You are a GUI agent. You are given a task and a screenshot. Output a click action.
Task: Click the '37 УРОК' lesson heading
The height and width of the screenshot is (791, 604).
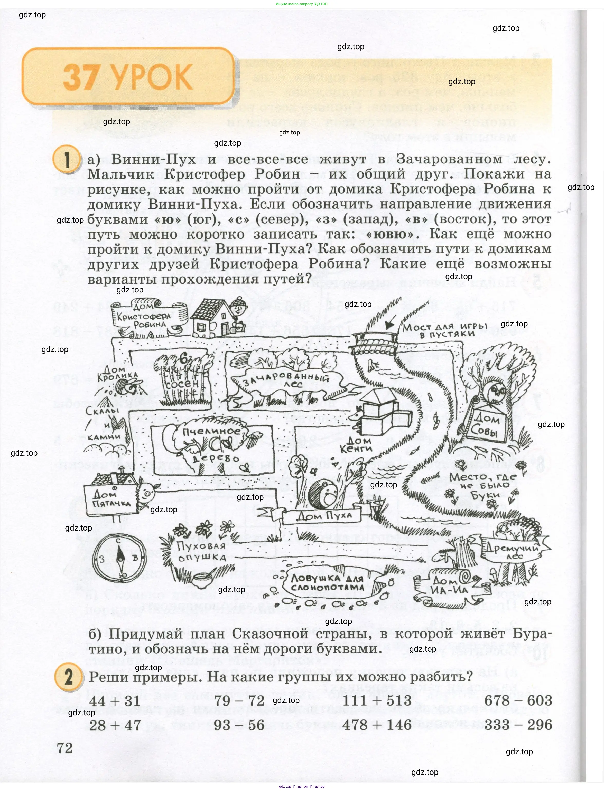tap(128, 77)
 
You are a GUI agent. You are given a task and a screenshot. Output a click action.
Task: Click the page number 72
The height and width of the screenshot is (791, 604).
tap(65, 748)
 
